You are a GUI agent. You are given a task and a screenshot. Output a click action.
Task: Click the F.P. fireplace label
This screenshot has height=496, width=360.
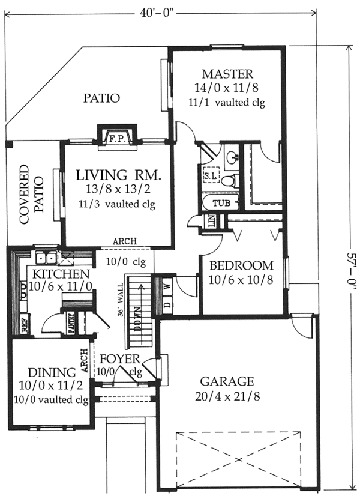coord(118,139)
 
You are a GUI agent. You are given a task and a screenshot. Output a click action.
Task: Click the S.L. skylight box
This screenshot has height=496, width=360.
coord(211,177)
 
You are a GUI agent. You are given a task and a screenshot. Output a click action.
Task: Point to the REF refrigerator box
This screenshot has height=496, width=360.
coord(25,323)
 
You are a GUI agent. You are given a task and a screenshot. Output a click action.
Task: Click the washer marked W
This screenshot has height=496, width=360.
coord(167,287)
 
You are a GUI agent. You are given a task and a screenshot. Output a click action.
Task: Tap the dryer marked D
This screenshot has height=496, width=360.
coord(167,305)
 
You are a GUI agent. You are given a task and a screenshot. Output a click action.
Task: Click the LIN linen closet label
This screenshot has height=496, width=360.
coord(211,220)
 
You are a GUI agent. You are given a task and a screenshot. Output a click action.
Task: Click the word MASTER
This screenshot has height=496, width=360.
coord(227,74)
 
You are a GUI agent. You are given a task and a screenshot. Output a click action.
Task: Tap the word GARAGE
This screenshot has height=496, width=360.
coord(227,381)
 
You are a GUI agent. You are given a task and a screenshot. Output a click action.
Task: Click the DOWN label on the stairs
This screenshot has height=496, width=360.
coord(138,319)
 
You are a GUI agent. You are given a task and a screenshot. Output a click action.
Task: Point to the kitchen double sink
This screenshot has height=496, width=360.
coord(46,257)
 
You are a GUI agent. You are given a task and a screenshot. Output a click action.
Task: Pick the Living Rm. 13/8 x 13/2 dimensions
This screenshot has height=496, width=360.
coord(118,189)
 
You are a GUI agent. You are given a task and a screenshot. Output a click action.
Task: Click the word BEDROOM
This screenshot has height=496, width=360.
coord(241,265)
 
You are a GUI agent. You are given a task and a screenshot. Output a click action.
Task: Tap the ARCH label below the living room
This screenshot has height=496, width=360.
coord(125,241)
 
